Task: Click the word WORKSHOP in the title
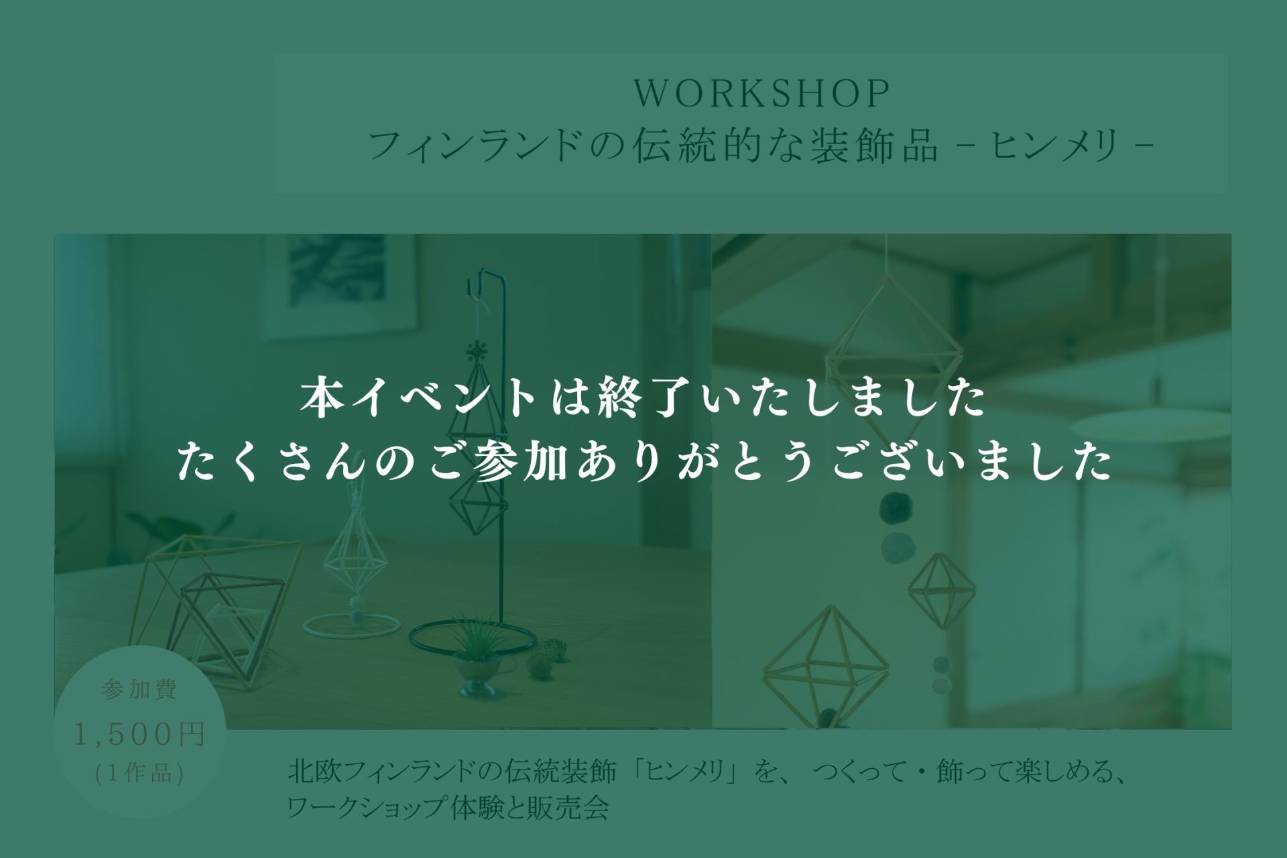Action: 761,94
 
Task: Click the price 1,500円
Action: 139,735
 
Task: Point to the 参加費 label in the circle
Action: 139,690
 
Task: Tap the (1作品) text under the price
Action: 139,774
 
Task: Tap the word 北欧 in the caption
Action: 312,774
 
